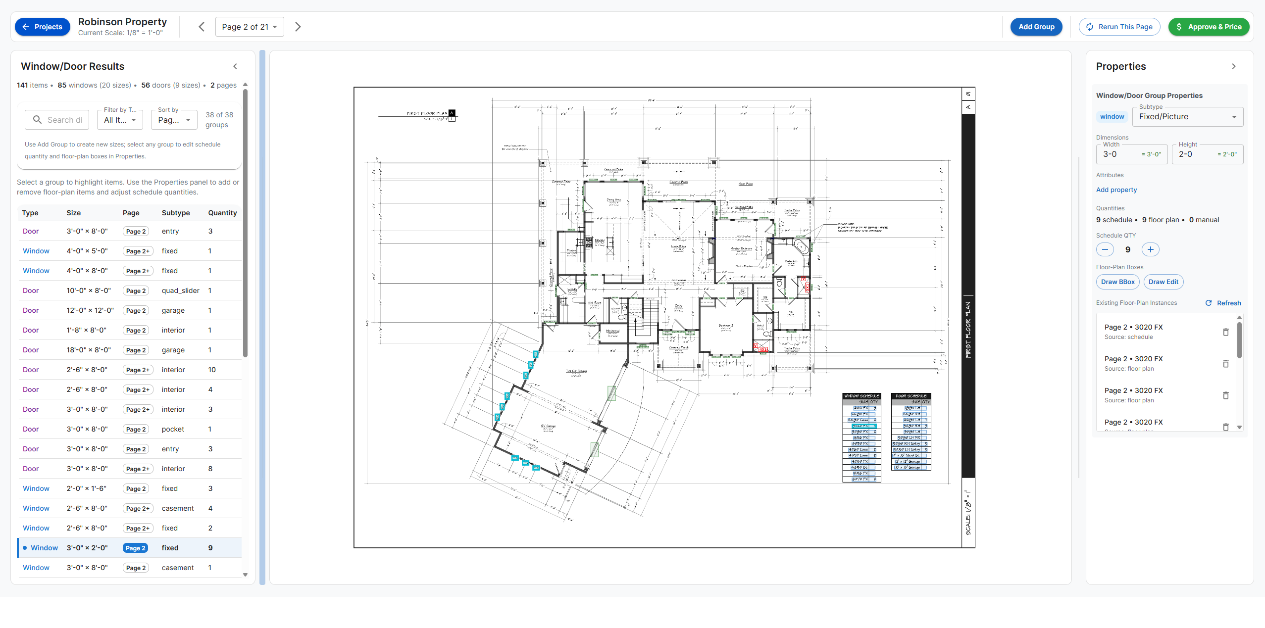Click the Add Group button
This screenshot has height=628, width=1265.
(1036, 27)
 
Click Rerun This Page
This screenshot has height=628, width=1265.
(1119, 27)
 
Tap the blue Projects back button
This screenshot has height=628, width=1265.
(43, 27)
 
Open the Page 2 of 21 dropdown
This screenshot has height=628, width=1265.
(249, 27)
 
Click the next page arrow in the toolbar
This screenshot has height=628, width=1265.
(298, 27)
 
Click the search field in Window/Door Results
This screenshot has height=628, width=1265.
(57, 120)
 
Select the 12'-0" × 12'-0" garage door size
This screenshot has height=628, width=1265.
(90, 310)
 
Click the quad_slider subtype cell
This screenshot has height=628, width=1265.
(180, 290)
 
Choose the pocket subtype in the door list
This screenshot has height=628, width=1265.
(173, 429)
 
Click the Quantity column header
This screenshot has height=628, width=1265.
(222, 213)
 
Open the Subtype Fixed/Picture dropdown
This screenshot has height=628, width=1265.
(1187, 117)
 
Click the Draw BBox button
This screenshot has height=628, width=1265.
(1117, 282)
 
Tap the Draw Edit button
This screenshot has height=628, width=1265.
(1163, 282)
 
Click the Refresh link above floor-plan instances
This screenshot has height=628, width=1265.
(1223, 303)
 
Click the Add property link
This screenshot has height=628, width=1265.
(1116, 190)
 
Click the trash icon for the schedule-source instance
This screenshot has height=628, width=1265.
(1225, 332)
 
